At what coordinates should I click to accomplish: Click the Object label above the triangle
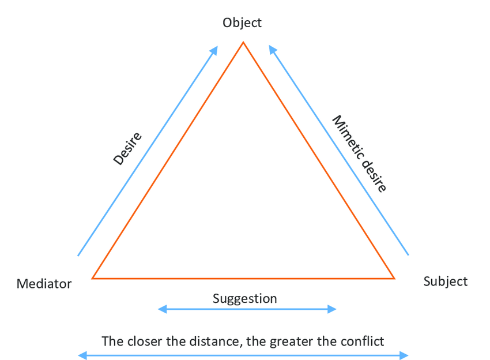(x=242, y=23)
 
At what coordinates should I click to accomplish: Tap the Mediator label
(x=44, y=284)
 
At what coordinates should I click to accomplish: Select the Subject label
(x=445, y=282)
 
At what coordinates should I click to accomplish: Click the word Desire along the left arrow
(x=127, y=149)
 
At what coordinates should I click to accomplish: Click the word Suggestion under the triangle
(x=245, y=299)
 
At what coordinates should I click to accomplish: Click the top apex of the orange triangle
(x=243, y=42)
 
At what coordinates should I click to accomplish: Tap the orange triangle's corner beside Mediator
(x=93, y=278)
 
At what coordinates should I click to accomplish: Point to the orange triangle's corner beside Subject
(x=394, y=278)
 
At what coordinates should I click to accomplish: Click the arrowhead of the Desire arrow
(x=214, y=50)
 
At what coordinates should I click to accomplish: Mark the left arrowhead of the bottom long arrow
(x=82, y=355)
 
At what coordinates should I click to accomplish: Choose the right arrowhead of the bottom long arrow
(x=405, y=355)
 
